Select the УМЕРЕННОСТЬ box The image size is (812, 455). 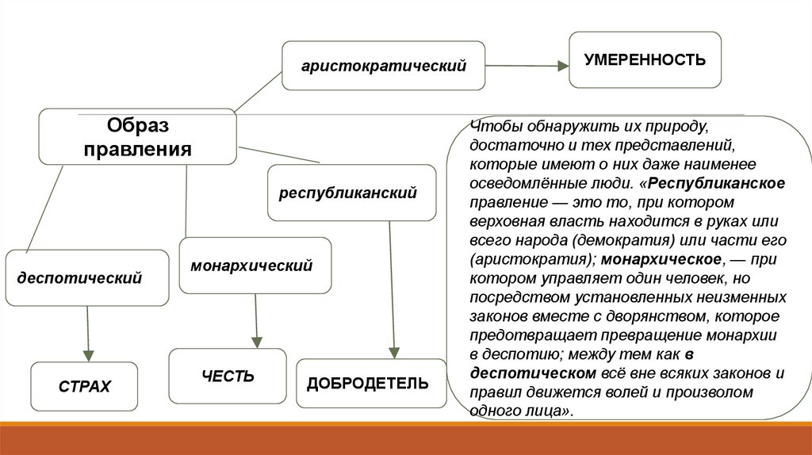[x=645, y=59]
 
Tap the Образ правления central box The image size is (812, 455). [x=139, y=137]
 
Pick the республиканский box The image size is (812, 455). [x=351, y=193]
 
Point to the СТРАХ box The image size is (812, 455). [x=84, y=387]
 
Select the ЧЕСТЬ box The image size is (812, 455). [x=228, y=376]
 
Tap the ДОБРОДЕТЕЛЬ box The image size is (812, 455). [x=367, y=384]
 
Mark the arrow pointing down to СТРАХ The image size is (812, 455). [x=86, y=333]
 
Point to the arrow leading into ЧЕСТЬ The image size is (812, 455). [x=255, y=321]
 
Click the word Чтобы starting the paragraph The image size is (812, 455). [x=492, y=127]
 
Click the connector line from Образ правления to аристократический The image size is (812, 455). [x=259, y=90]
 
